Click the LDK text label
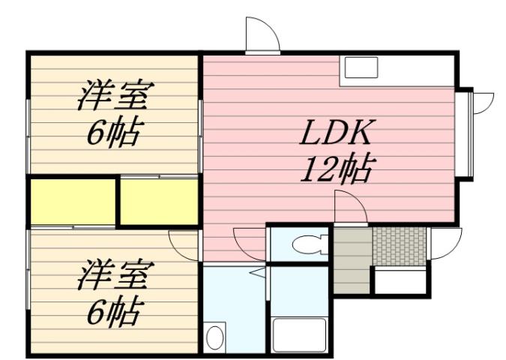click(337, 135)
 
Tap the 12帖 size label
click(337, 171)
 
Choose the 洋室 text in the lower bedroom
click(114, 275)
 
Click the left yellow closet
click(73, 201)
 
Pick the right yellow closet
click(159, 201)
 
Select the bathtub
click(300, 334)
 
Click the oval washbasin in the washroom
click(215, 336)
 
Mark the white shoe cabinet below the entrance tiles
click(400, 282)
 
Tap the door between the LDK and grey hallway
click(349, 207)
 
